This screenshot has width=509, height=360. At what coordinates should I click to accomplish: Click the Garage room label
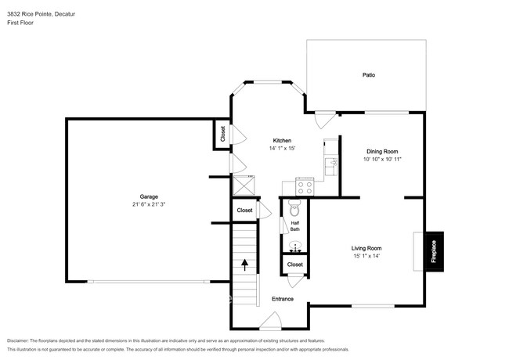pyautogui.click(x=149, y=196)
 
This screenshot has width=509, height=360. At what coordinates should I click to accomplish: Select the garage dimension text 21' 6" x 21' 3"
pyautogui.click(x=149, y=204)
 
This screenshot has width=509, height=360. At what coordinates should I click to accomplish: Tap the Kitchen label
pyautogui.click(x=281, y=140)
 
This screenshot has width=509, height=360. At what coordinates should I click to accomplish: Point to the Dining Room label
pyautogui.click(x=382, y=151)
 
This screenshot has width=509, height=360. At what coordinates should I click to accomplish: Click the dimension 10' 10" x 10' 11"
pyautogui.click(x=382, y=159)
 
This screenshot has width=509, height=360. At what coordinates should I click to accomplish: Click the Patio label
pyautogui.click(x=368, y=75)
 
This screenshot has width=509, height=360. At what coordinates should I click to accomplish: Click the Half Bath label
pyautogui.click(x=295, y=225)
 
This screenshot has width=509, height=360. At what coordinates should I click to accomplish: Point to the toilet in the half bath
pyautogui.click(x=295, y=208)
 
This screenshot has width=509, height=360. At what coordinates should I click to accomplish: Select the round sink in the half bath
pyautogui.click(x=295, y=245)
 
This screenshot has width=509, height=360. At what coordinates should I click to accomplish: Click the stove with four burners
pyautogui.click(x=304, y=186)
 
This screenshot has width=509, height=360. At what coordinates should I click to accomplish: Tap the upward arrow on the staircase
pyautogui.click(x=245, y=265)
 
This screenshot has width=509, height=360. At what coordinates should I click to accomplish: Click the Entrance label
pyautogui.click(x=282, y=299)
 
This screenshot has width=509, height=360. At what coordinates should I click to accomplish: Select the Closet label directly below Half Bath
pyautogui.click(x=294, y=265)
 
